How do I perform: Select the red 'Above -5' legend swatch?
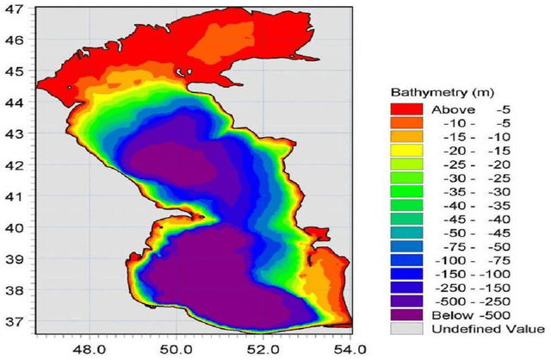tap(406, 109)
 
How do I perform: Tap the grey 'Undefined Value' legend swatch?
tap(406, 329)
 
